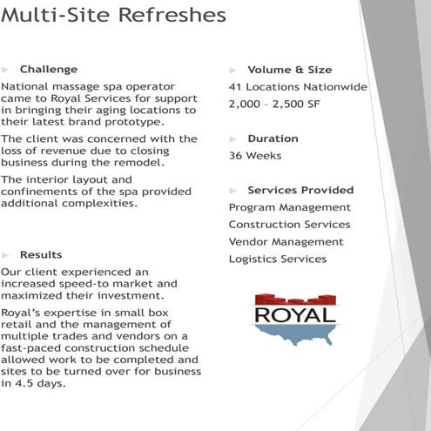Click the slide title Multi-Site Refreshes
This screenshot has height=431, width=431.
[x=114, y=16]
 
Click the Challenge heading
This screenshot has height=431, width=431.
[x=49, y=69]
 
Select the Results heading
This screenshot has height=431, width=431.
[x=41, y=254]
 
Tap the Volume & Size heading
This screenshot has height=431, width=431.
[x=289, y=70]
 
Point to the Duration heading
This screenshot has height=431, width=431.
[x=273, y=138]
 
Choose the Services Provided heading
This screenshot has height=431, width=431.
[x=300, y=190]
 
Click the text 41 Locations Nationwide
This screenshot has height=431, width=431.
[x=298, y=87]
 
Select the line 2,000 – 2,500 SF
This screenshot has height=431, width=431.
[x=275, y=104]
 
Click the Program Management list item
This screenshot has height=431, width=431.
[x=290, y=207]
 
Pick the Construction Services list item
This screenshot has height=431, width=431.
[x=289, y=225]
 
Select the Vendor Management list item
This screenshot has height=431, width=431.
[x=286, y=241]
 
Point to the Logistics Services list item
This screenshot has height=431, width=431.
[x=278, y=259]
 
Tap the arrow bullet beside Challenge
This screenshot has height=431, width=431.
[x=5, y=69]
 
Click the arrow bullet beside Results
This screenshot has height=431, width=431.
[x=5, y=254]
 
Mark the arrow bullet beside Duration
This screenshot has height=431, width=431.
[x=233, y=138]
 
